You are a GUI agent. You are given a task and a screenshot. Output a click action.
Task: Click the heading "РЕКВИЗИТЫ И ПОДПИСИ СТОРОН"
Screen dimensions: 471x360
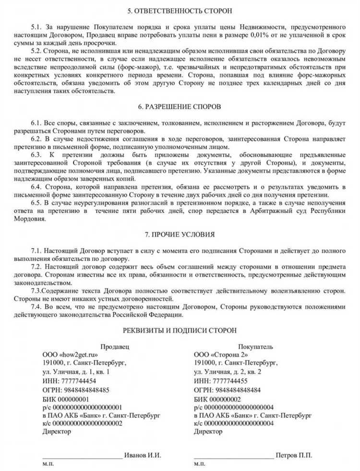[179, 331]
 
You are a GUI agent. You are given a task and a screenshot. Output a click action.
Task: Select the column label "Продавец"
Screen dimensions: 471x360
[115, 346]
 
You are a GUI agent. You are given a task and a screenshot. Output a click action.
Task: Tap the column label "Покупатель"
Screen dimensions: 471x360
[256, 346]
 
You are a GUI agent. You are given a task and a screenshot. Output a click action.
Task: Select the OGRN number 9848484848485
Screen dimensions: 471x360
[85, 389]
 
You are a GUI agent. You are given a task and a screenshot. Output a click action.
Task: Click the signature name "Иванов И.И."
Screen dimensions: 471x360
[142, 455]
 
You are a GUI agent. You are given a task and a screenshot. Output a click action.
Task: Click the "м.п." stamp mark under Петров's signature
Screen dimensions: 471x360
[200, 465]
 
